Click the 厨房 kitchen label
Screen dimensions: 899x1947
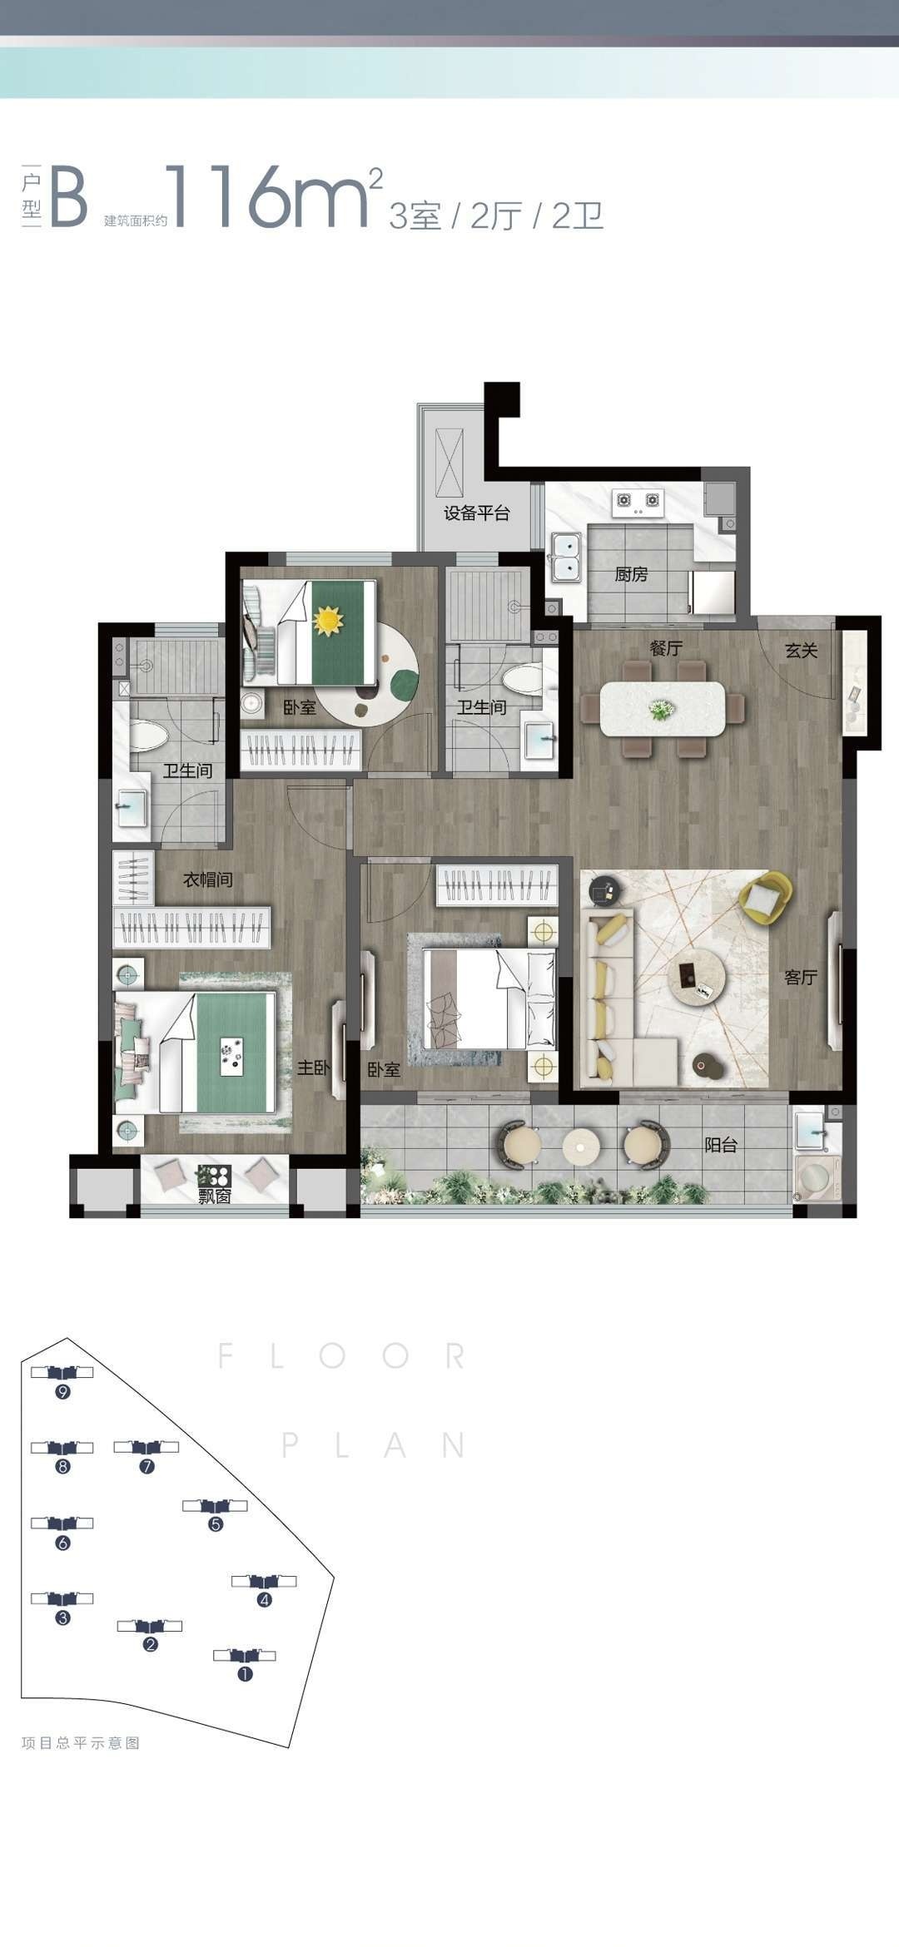(x=631, y=574)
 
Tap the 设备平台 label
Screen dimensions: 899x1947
(x=476, y=513)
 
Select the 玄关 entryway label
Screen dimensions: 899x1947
(x=802, y=651)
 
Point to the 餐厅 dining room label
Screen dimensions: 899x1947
(x=666, y=647)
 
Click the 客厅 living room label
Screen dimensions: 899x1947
(x=800, y=977)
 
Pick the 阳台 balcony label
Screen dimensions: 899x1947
(x=721, y=1145)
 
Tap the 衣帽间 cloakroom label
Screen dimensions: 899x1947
(x=208, y=879)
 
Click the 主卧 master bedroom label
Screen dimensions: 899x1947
(x=314, y=1067)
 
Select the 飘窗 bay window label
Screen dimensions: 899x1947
(x=214, y=1196)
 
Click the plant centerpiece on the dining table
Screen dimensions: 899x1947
(x=663, y=709)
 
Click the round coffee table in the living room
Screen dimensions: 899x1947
(x=696, y=973)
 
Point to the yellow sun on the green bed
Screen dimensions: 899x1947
(x=328, y=620)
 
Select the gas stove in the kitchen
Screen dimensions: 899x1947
(x=637, y=500)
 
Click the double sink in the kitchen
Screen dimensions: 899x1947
(x=566, y=556)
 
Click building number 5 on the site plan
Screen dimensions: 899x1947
(x=216, y=1524)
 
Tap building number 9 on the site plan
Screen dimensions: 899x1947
(x=62, y=1392)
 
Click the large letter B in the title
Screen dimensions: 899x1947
(x=68, y=197)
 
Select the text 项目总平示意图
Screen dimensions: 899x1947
(x=81, y=1743)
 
